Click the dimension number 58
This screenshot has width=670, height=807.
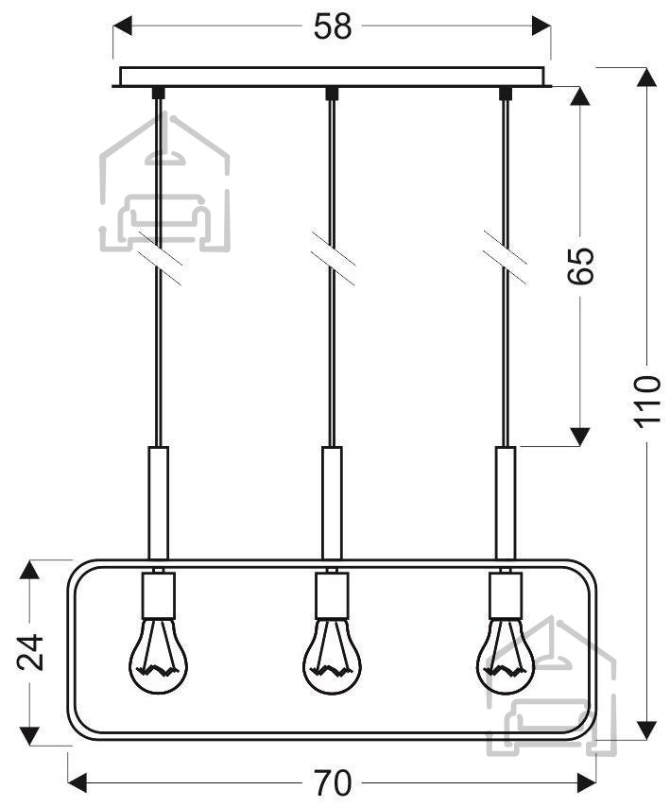[333, 26]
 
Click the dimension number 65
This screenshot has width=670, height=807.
[580, 266]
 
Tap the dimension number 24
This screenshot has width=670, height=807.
[30, 652]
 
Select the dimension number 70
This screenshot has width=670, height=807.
[333, 783]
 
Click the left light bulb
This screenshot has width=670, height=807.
[158, 656]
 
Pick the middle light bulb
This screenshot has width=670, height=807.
[332, 656]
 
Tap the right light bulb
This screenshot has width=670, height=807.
[506, 656]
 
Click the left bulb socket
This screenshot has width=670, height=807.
[158, 595]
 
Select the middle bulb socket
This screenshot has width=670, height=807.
[332, 595]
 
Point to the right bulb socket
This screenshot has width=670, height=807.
[506, 595]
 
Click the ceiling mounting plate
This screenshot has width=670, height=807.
[332, 77]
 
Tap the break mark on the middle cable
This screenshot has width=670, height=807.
[333, 258]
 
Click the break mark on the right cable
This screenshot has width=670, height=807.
[506, 258]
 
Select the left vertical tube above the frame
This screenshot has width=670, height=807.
[158, 503]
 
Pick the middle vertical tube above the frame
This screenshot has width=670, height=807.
[332, 503]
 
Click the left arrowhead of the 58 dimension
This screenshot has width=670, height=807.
[123, 26]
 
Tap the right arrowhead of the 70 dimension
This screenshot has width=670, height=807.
[586, 782]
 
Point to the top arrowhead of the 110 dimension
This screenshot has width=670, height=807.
[646, 77]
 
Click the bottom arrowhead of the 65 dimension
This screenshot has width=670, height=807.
[580, 436]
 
